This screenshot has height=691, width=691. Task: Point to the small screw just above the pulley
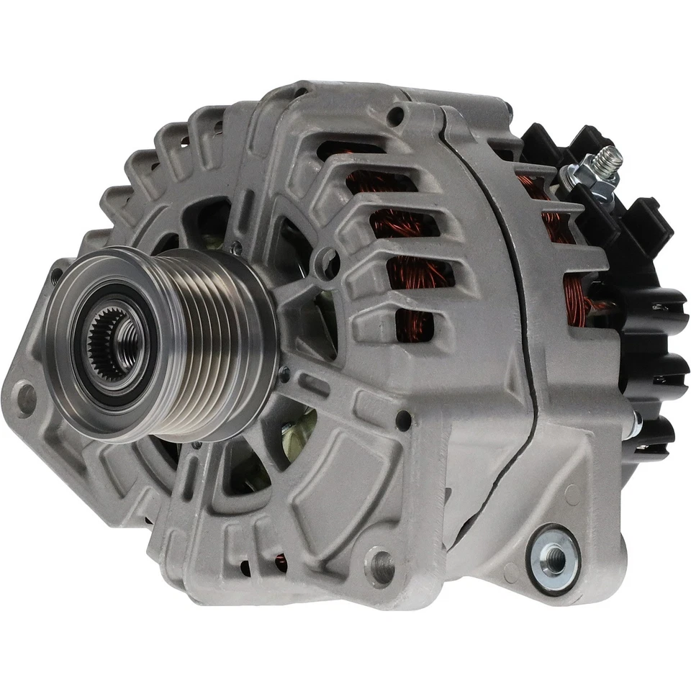tap(235, 248)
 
